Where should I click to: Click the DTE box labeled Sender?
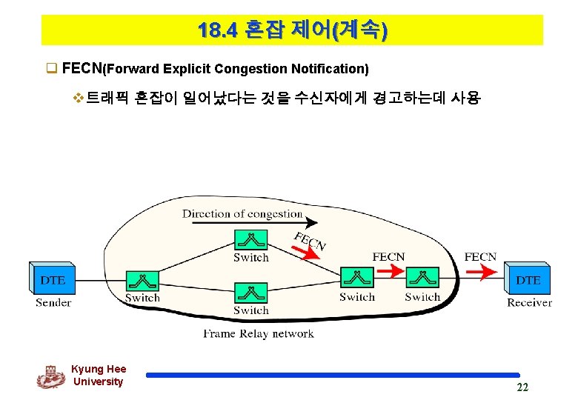(x=53, y=279)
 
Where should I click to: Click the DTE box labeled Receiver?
(x=528, y=279)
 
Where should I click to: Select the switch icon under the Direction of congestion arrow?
(x=250, y=240)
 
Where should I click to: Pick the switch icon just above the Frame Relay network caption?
(x=250, y=293)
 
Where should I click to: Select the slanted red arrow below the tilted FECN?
(x=305, y=253)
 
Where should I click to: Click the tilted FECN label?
(x=310, y=241)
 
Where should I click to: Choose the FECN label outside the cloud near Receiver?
(x=480, y=257)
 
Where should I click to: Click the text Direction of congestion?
(x=242, y=214)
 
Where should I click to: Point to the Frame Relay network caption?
(x=259, y=333)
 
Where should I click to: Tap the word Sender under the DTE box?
(x=53, y=302)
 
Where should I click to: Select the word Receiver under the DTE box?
(x=529, y=302)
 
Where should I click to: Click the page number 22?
(x=522, y=388)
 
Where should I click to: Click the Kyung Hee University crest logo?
(x=50, y=376)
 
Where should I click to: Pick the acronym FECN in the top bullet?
(x=82, y=69)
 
